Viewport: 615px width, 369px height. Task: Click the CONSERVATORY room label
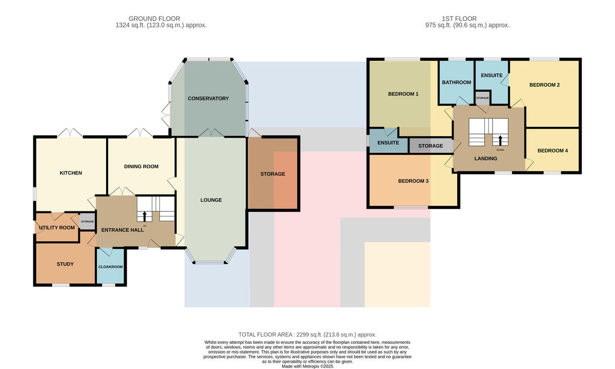pos(208,99)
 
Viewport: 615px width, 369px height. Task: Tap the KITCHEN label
pos(71,173)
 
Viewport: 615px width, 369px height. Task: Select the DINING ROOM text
pos(141,167)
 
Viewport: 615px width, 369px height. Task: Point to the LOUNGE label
pos(211,200)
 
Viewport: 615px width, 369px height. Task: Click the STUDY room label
pos(65,264)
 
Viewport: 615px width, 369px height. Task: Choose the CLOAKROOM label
pos(110,267)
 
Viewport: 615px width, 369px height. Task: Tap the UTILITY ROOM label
pos(57,228)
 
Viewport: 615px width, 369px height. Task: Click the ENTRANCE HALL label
pos(122,230)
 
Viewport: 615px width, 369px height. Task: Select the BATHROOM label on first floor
pos(457,83)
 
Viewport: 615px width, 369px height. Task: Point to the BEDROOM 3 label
pos(413,181)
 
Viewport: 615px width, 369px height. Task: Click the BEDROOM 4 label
pos(552,151)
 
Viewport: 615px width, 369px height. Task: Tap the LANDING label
pos(486,159)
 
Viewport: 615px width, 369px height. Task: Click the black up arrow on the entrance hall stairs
pos(145,216)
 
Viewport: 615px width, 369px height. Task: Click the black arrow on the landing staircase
pos(500,140)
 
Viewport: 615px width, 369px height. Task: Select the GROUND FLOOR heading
pos(154,18)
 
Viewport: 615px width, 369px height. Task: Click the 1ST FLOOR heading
pos(459,18)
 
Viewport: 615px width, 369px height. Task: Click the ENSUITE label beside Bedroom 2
pos(491,75)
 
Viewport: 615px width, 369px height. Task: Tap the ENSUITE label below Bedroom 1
pos(388,143)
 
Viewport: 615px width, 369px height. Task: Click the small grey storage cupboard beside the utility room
pos(87,221)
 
